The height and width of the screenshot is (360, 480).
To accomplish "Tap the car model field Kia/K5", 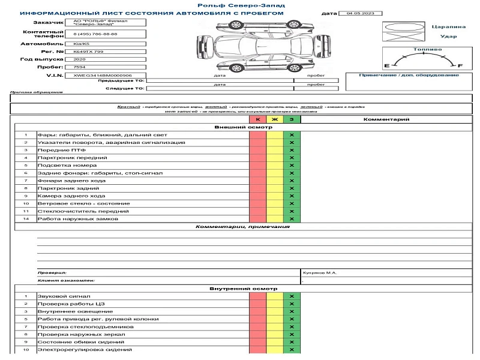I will point(80,44).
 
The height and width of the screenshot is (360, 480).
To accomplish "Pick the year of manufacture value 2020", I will point(79,60).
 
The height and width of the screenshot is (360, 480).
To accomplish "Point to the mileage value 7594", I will point(79,67).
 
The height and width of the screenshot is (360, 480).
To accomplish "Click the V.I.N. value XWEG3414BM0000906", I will point(94,76).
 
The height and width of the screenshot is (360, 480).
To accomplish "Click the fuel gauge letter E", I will point(387,65).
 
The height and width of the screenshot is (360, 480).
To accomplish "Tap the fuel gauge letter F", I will point(460,65).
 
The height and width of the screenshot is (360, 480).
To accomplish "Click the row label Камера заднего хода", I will point(71,196).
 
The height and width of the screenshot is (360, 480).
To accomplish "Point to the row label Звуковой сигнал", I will point(64,296).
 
